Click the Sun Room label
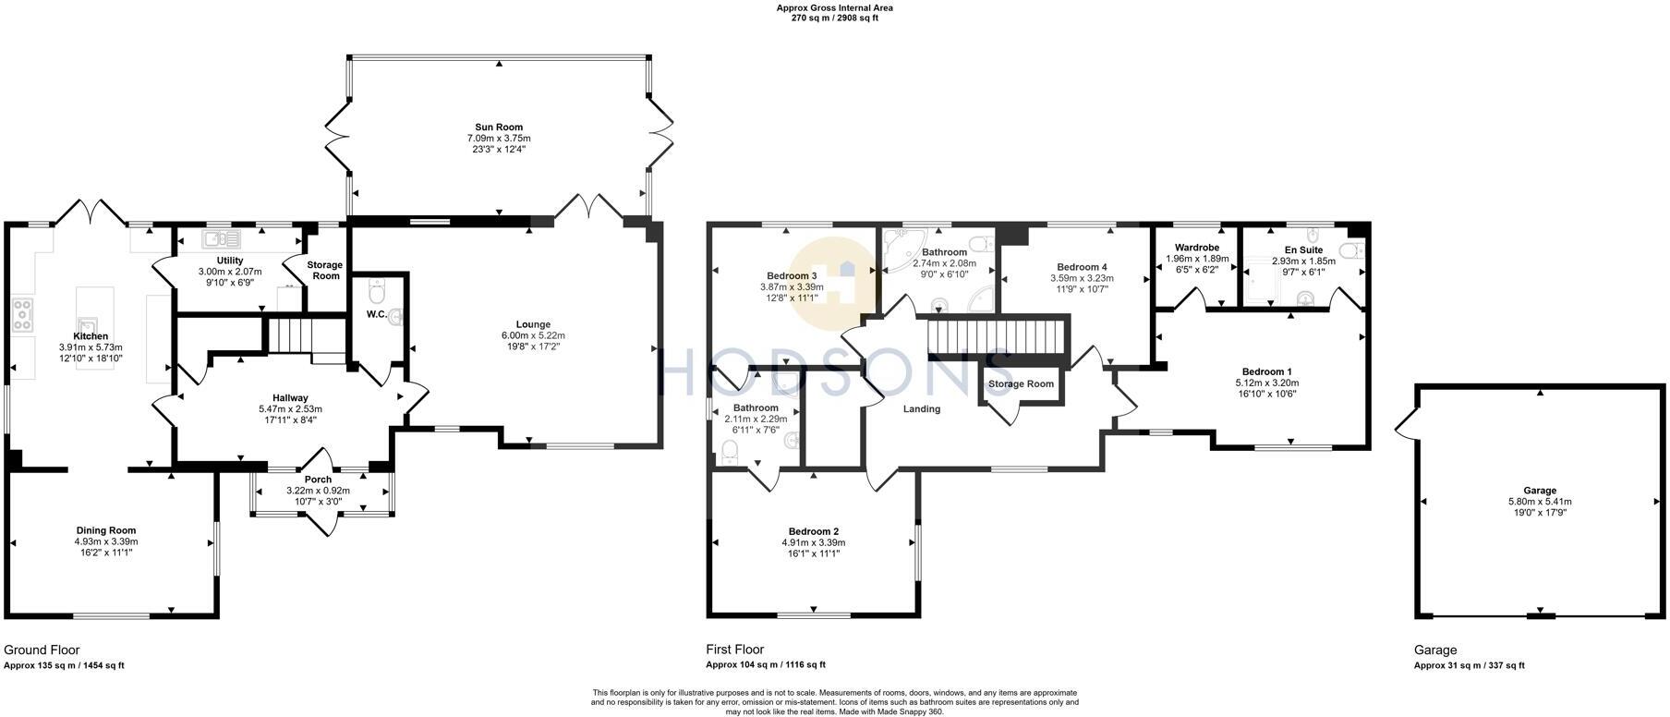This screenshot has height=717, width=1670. [499, 128]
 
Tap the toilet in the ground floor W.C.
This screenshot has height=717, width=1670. [376, 292]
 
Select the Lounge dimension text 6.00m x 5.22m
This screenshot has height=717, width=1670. [533, 335]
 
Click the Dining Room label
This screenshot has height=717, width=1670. [105, 530]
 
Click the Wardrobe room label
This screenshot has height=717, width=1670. [1197, 248]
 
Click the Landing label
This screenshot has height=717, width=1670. [921, 409]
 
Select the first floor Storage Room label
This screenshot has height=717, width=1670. [1021, 384]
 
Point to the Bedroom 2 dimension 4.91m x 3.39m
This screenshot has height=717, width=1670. [813, 542]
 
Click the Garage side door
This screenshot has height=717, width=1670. [1406, 425]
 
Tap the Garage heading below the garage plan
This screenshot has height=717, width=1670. [1434, 650]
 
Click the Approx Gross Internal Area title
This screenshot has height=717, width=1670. [834, 7]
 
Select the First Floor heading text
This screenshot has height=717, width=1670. [734, 650]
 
